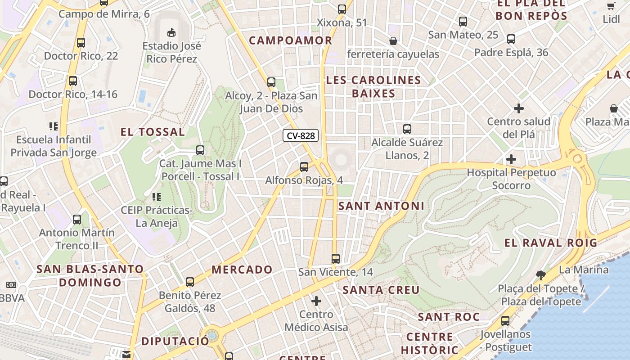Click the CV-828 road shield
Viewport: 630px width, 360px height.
301,135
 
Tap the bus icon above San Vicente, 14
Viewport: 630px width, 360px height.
336,259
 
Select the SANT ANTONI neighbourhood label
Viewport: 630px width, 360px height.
381,206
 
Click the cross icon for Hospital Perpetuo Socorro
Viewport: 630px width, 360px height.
511,159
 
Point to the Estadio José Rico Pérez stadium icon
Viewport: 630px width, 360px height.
171,32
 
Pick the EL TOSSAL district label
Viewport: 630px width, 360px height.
153,132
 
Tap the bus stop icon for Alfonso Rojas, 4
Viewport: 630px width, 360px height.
304,167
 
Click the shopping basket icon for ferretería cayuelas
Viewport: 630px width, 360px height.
393,41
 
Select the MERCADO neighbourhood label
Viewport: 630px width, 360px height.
242,270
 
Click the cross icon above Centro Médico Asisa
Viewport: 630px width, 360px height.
316,301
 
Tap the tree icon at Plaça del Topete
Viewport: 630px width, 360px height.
541,275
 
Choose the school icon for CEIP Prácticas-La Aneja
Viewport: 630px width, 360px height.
157,197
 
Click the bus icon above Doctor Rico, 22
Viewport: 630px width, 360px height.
81,43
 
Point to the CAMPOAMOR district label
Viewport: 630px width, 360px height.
291,40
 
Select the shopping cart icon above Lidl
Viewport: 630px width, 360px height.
611,6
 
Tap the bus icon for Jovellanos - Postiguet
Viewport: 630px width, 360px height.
505,321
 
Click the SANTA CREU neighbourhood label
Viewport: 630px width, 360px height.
381,290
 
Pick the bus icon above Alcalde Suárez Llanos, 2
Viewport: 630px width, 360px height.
407,129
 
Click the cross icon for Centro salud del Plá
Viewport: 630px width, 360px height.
519,108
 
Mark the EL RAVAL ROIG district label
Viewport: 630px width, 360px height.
551,243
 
